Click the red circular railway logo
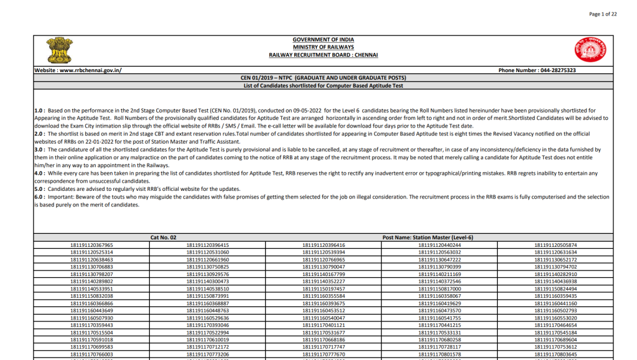tap(590, 49)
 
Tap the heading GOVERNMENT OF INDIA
tap(323, 40)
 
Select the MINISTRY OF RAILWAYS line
tap(323, 47)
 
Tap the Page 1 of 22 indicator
tap(602, 14)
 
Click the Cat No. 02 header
tap(164, 238)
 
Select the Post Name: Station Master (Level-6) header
tap(427, 238)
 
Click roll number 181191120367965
tap(92, 245)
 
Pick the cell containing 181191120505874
tap(556, 245)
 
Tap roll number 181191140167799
tap(323, 274)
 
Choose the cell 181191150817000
tap(440, 288)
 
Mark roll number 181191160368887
tap(208, 303)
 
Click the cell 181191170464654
tap(556, 325)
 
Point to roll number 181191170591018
tap(92, 339)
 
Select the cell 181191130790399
tap(440, 267)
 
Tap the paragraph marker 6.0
tap(39, 196)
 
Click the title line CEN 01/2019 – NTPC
tap(323, 78)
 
